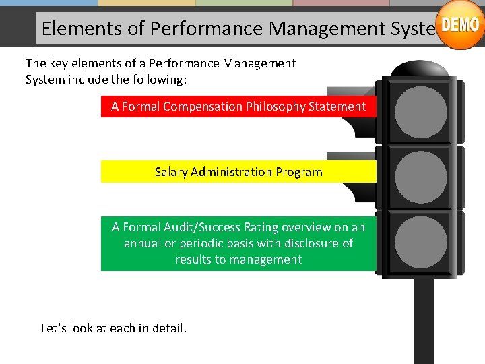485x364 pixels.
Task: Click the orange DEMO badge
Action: (x=461, y=26)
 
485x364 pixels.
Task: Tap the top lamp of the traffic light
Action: (x=421, y=111)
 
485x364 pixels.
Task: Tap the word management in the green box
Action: (x=266, y=260)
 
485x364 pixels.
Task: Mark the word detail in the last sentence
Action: (x=170, y=328)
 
